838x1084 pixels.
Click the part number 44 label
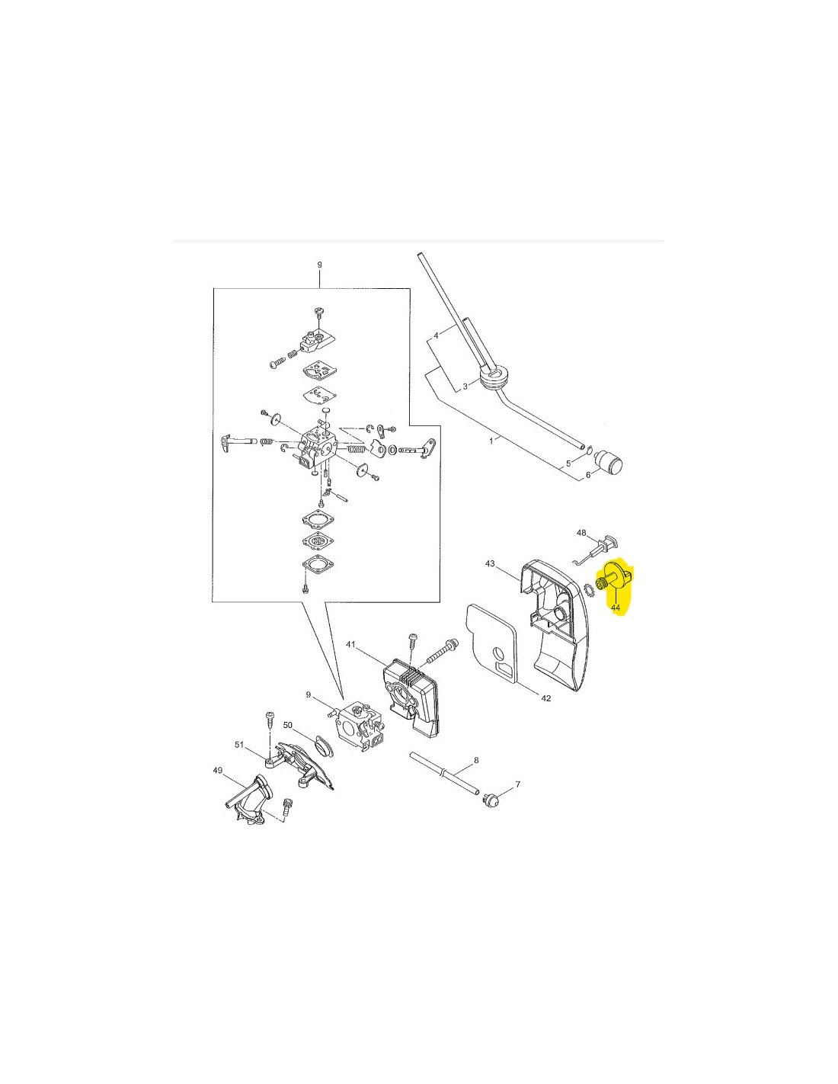[615, 608]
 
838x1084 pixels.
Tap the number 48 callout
[581, 533]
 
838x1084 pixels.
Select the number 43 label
[490, 563]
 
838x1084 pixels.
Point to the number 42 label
[546, 698]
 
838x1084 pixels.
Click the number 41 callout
[350, 644]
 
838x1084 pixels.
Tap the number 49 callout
[217, 784]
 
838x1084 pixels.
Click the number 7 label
[517, 784]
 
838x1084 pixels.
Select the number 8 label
[476, 760]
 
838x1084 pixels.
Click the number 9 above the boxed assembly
[319, 265]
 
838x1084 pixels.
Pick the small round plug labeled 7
[488, 801]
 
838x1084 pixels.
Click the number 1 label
[491, 441]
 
